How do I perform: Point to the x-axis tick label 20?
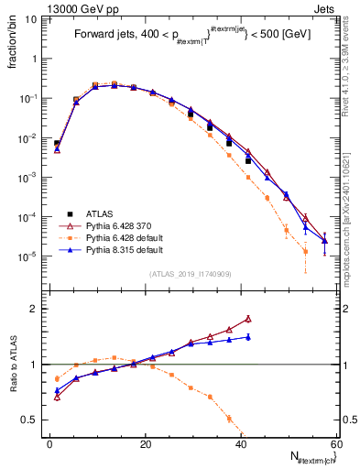pos(146,445)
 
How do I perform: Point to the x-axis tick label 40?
pos(241,445)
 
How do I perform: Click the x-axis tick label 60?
pos(336,445)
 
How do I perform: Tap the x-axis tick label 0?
pos(50,445)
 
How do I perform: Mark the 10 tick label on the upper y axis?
pos(31,17)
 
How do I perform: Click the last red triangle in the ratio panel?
pos(248,319)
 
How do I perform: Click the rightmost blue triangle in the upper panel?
pos(324,241)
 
